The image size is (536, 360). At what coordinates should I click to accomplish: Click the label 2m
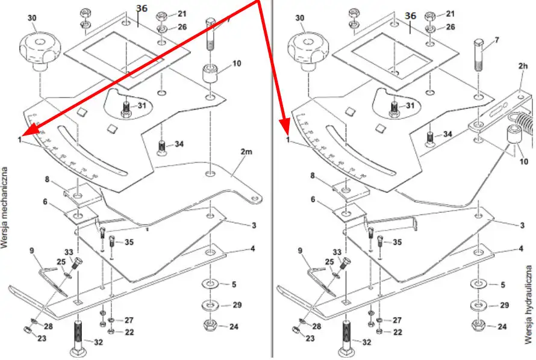pos(246,152)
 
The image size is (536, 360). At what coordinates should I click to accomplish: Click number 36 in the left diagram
pos(142,8)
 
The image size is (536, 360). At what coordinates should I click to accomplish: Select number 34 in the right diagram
pos(447,134)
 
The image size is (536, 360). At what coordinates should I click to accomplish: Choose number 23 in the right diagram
pos(310,338)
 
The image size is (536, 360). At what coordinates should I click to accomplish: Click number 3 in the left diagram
pos(254,225)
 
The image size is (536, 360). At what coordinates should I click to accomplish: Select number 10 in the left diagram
pos(236,63)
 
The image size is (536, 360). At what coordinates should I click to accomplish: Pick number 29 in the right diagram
pos(505,306)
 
